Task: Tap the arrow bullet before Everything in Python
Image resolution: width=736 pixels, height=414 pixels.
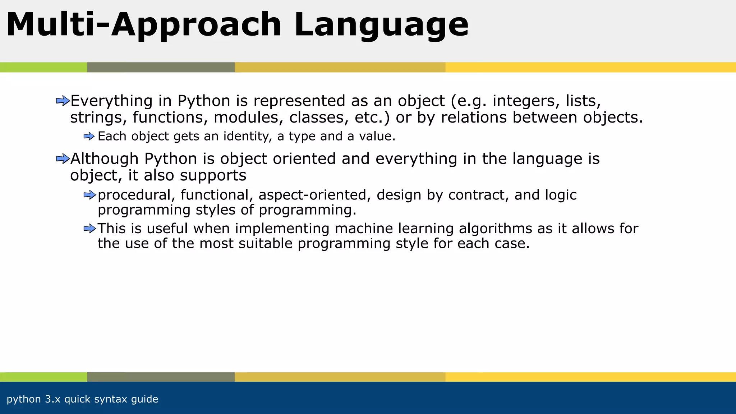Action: click(x=63, y=101)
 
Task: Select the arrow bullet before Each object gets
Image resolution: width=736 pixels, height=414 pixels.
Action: click(x=89, y=137)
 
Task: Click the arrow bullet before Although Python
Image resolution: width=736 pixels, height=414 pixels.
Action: click(x=63, y=158)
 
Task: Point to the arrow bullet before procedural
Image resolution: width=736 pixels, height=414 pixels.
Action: click(x=89, y=195)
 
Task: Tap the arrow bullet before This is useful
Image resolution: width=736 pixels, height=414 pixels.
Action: click(x=89, y=229)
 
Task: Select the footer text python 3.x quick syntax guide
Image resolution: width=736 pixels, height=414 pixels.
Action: click(x=82, y=399)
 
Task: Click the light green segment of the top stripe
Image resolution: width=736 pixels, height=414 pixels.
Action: click(x=43, y=67)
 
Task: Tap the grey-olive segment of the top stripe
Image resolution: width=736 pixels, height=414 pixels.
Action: click(x=161, y=67)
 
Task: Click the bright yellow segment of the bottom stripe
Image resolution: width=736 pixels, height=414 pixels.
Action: click(x=589, y=377)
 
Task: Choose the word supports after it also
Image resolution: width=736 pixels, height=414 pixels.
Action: click(x=213, y=176)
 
